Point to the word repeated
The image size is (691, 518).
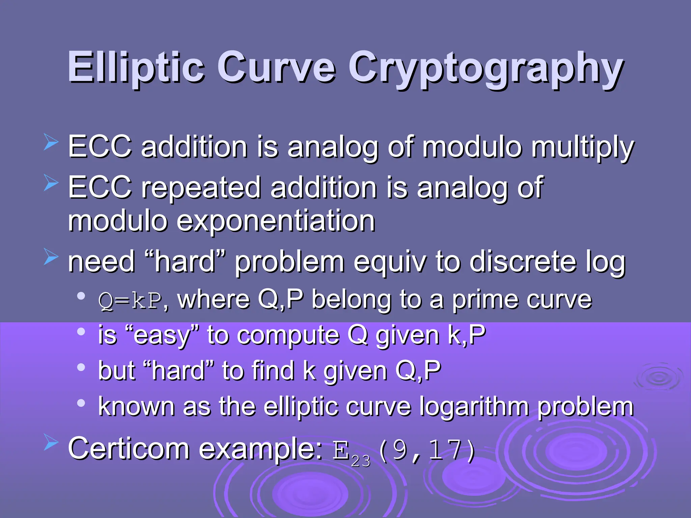pyautogui.click(x=201, y=188)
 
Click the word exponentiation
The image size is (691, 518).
pyautogui.click(x=276, y=221)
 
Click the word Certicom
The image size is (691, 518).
pyautogui.click(x=129, y=449)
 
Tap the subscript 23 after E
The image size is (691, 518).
pyautogui.click(x=360, y=461)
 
